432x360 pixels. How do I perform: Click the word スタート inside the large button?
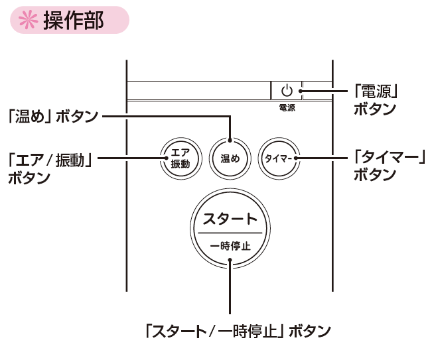(229, 219)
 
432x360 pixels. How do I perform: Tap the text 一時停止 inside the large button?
(229, 246)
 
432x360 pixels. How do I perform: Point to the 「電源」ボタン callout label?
(379, 99)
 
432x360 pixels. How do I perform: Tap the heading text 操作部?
(73, 21)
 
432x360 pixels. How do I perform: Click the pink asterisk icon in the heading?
(27, 21)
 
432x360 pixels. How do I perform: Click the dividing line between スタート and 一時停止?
(229, 233)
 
